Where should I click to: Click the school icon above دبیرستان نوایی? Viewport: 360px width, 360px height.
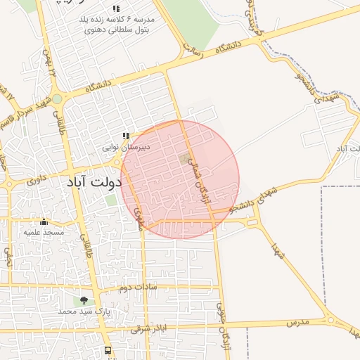click(x=126, y=136)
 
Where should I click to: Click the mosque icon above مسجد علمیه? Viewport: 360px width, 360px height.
click(x=44, y=222)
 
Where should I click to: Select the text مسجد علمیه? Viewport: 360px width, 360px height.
click(x=44, y=232)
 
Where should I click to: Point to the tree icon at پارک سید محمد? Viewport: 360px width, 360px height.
click(x=84, y=300)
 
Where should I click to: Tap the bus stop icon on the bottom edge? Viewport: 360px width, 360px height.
click(x=108, y=350)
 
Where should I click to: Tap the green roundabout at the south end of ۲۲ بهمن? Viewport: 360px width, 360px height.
click(x=57, y=99)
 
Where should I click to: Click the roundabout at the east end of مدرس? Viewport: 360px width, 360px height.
click(x=331, y=320)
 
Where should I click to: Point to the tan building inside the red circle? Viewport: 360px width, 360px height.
click(x=184, y=160)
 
